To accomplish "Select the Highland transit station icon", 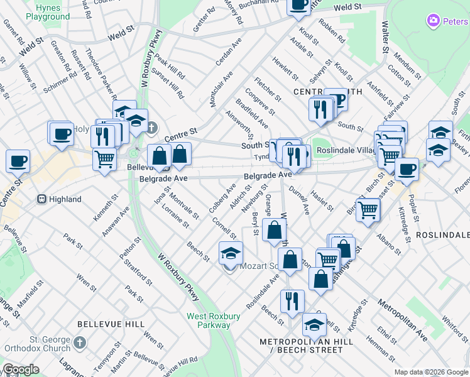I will [41, 199].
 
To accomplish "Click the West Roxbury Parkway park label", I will [208, 320].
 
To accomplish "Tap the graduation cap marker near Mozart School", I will [231, 253].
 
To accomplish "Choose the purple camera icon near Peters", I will [433, 22].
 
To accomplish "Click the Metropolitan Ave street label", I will [403, 320].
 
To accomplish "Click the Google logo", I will [21, 369].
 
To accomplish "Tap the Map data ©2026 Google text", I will [431, 372].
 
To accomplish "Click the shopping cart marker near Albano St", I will [368, 210].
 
